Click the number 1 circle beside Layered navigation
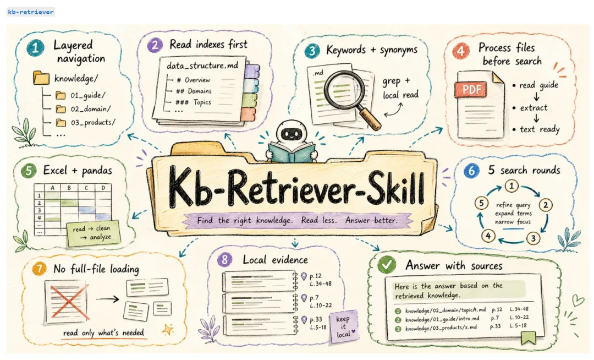point(35,48)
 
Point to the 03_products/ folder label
point(93,122)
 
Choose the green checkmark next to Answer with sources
point(387,265)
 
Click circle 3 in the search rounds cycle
point(533,238)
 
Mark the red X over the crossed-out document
point(68,302)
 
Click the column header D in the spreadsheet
point(103,188)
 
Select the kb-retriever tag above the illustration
point(31,12)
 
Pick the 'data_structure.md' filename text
point(202,66)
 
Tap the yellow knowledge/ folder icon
point(41,78)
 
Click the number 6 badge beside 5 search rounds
point(471,171)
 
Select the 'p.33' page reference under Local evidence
point(316,319)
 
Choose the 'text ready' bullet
point(536,129)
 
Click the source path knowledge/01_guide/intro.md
point(442,319)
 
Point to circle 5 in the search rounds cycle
point(481,203)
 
